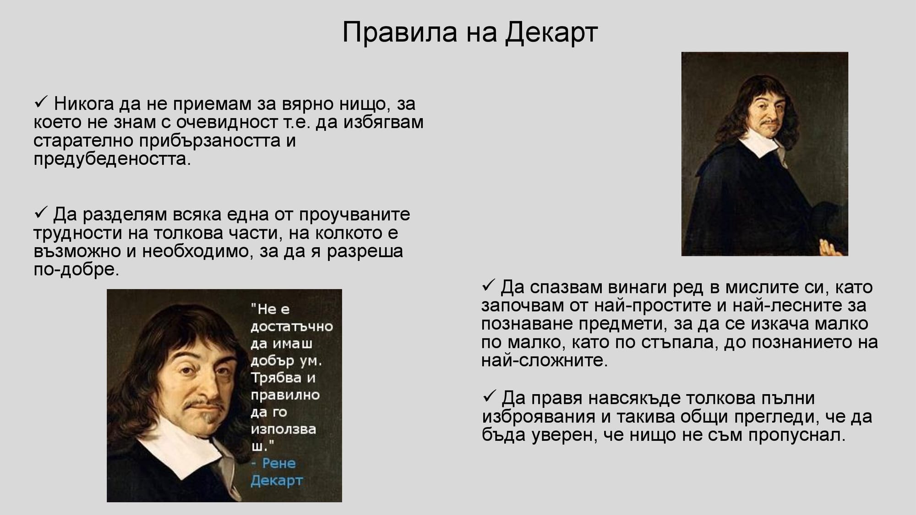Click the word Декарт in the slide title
pos(551,33)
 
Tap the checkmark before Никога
pos(41,102)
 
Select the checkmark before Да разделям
pos(41,212)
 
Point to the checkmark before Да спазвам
pos(489,286)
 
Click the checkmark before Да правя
pos(489,396)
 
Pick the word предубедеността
pos(112,159)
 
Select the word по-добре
pos(76,270)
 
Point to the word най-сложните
pos(544,361)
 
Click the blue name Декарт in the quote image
pos(276,481)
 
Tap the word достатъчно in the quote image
pos(291,326)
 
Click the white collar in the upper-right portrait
pos(760,144)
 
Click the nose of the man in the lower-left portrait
pos(208,387)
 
